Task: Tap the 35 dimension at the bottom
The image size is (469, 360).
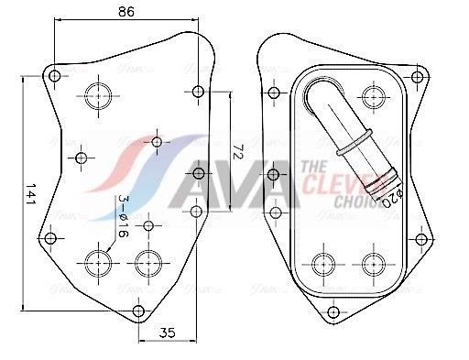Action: pos(167,334)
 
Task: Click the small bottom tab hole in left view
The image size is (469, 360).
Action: pos(138,311)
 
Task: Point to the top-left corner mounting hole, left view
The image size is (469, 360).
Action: pos(54,75)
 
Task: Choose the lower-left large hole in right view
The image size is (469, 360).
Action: pos(323,263)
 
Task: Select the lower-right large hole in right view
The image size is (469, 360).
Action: pos(372,263)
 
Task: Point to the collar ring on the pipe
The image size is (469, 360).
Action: pos(352,149)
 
